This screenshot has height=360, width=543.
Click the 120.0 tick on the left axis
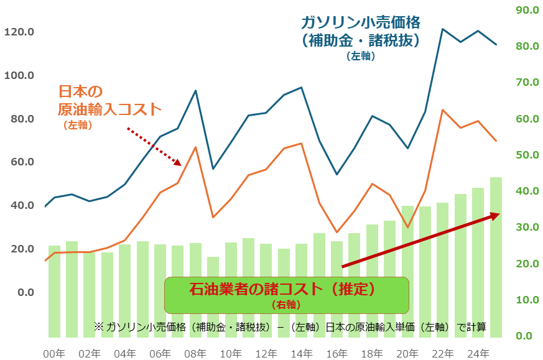point(19,32)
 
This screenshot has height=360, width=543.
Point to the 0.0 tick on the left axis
point(24,292)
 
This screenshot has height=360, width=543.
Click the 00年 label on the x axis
point(54,353)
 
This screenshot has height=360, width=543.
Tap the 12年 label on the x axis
point(266,353)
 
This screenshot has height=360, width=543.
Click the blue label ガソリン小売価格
point(361,22)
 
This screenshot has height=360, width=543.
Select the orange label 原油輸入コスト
point(109,109)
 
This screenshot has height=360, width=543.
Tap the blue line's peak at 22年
point(442,29)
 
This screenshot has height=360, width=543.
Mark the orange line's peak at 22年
point(442,110)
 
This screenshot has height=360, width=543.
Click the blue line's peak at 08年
point(195,91)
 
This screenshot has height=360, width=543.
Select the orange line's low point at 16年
point(336,233)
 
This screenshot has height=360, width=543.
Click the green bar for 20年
point(407,270)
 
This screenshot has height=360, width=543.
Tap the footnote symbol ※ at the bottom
point(98,326)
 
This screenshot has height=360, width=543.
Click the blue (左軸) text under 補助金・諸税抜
point(361,56)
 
